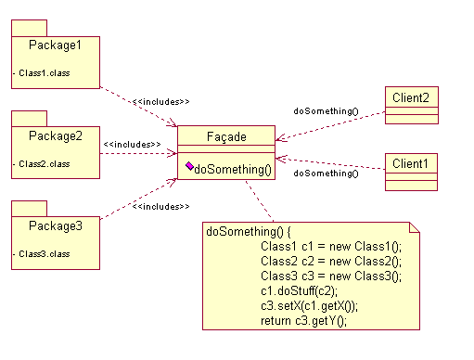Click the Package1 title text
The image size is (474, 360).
pos(55,45)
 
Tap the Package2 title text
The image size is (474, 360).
pos(55,135)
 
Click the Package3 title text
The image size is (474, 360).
pos(55,225)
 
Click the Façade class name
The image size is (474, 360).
pos(225,136)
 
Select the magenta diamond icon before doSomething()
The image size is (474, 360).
pos(189,167)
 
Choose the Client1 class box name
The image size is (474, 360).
pos(410,163)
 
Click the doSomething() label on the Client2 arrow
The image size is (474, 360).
pos(326,111)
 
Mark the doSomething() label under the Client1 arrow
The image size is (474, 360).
pos(326,174)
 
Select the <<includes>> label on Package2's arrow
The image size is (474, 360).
pos(133,145)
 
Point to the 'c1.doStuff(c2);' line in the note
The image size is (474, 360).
pos(299,290)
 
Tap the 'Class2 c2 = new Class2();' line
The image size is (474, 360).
pos(330,261)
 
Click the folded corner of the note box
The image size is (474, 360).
pos(415,227)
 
